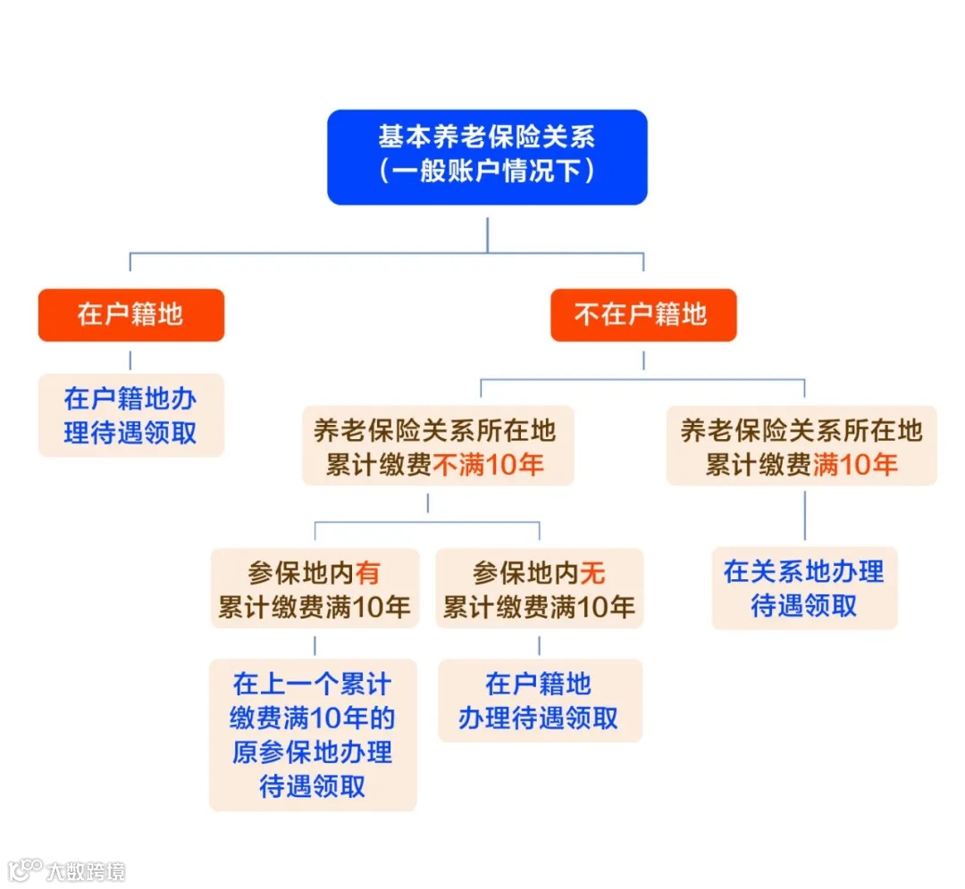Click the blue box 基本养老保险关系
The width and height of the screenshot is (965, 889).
487,156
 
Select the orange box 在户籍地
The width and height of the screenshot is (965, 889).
130,314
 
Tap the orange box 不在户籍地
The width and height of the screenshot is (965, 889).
642,314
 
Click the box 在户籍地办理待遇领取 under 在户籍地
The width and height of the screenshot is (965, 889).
130,415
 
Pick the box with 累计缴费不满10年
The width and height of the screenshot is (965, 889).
437,446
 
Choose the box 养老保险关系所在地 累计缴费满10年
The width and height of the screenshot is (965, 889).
801,446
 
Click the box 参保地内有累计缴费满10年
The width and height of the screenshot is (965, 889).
315,588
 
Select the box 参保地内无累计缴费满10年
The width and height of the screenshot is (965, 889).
539,588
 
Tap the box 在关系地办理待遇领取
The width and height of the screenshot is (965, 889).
804,588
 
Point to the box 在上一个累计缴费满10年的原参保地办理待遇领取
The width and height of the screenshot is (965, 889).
313,735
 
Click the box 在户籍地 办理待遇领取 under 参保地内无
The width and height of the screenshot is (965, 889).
539,701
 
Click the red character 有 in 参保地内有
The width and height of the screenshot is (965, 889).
367,572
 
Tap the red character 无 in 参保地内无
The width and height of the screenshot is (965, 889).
592,572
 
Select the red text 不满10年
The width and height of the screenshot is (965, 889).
488,464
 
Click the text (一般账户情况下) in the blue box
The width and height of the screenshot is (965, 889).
487,171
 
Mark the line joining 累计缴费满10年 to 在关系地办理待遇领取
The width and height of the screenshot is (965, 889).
804,516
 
